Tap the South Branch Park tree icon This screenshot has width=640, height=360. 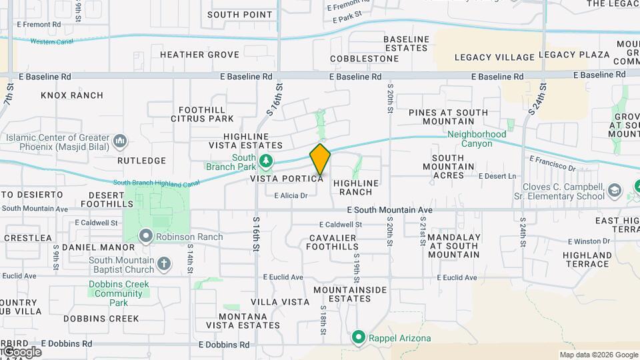click(x=266, y=161)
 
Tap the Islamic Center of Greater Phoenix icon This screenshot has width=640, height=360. click(x=121, y=141)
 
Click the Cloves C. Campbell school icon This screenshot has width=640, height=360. click(x=614, y=191)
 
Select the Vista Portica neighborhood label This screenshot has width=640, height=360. click(x=287, y=179)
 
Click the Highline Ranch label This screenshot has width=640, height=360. click(x=356, y=187)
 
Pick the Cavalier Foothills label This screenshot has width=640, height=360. click(x=333, y=242)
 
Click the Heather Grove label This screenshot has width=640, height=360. click(x=199, y=55)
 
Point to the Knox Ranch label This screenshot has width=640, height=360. click(x=72, y=95)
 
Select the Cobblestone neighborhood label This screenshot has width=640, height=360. click(x=365, y=58)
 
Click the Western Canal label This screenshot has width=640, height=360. click(x=52, y=41)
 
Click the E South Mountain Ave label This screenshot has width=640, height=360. click(x=390, y=210)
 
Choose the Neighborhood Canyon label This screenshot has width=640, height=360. click(x=477, y=139)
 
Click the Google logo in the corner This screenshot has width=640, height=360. click(x=21, y=351)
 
